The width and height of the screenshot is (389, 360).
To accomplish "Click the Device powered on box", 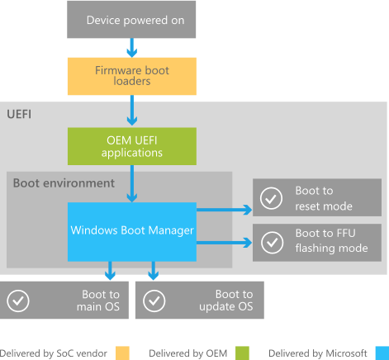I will [x=131, y=19].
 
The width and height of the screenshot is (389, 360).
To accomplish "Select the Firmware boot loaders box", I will [x=131, y=77].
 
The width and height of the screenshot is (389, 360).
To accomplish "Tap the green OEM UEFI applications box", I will [x=131, y=146].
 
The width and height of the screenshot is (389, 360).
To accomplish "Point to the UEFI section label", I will [x=21, y=111].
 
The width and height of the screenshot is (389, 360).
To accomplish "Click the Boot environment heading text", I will [x=64, y=182].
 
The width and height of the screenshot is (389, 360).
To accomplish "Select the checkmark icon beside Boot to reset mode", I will [x=270, y=198].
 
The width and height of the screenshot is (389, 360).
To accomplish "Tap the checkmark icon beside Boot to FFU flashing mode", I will [x=270, y=243].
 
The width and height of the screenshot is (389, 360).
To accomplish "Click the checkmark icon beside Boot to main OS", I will [x=18, y=301].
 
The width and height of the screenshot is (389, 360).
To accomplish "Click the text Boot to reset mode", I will [x=324, y=198].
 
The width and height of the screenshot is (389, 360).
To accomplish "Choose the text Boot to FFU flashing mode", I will [x=330, y=243].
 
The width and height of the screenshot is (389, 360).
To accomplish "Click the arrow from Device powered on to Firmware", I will [x=131, y=47].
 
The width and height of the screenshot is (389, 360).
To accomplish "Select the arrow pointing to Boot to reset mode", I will [x=223, y=211].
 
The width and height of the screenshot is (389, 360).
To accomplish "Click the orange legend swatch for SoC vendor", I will [x=123, y=353].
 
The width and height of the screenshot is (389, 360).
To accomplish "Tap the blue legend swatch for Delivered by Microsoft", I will [x=381, y=353].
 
